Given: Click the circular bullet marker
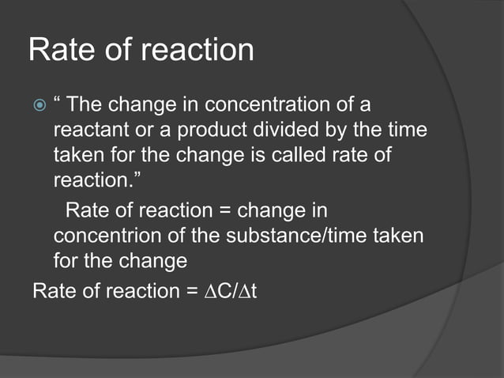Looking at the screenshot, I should coord(38,105).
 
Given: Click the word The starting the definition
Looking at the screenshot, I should coord(85,105).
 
